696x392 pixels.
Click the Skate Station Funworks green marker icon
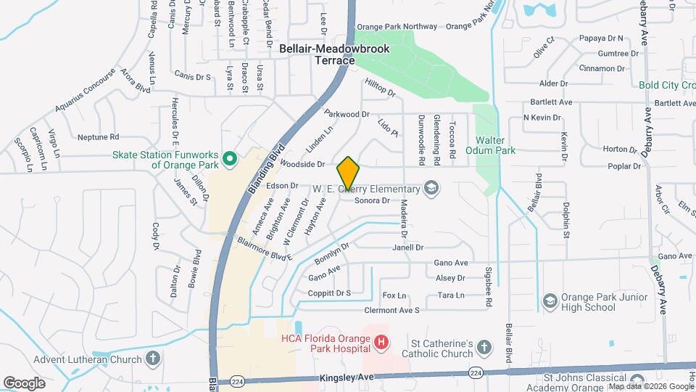230,157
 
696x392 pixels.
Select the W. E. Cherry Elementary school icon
432,189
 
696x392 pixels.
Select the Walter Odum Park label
495,145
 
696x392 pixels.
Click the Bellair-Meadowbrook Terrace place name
335,54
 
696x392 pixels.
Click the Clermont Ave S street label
392,310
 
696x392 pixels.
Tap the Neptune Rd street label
98,136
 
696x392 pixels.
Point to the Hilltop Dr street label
380,88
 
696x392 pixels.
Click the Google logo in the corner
24,383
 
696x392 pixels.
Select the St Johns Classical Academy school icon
637,380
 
